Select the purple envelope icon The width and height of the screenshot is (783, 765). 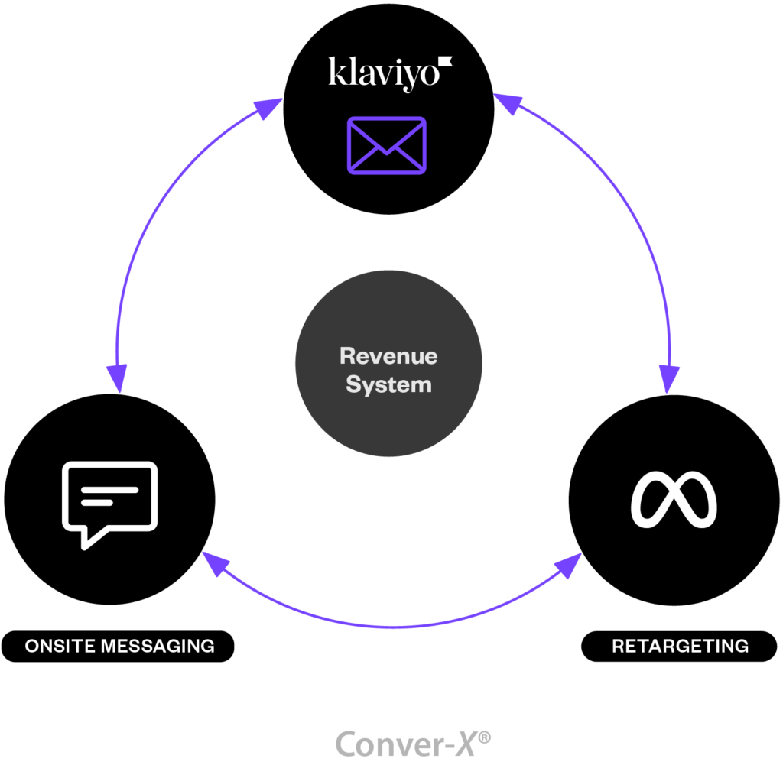(387, 145)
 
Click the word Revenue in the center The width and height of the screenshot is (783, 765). (388, 356)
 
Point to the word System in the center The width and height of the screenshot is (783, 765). (388, 384)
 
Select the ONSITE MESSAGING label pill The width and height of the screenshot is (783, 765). (119, 646)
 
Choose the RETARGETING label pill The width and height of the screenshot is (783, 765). (679, 646)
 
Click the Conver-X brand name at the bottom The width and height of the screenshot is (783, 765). (404, 744)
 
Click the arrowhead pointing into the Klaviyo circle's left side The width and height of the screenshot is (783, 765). (268, 109)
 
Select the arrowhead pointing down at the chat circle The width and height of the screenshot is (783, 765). (117, 377)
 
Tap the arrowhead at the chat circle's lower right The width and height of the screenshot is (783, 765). (215, 564)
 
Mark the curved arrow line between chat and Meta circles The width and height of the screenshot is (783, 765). (390, 626)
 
